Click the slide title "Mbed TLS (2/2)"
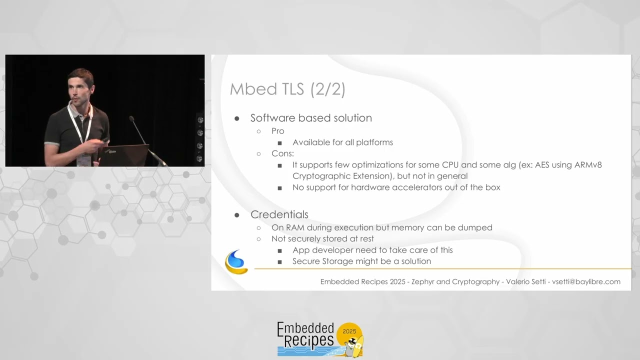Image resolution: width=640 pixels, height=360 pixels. (x=287, y=89)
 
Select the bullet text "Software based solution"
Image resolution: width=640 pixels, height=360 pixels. (x=311, y=118)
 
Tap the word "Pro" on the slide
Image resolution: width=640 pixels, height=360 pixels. (x=277, y=131)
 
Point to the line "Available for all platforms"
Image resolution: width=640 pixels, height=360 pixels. (x=342, y=142)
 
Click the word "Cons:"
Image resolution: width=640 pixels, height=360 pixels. (x=282, y=153)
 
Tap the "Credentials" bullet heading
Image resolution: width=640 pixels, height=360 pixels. (x=279, y=214)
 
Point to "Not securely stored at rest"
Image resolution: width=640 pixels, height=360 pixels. (x=322, y=239)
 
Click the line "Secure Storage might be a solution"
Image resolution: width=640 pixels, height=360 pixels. (x=361, y=261)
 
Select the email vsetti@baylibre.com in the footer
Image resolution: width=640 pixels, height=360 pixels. (x=586, y=282)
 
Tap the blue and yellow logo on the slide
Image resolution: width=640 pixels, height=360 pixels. (x=236, y=262)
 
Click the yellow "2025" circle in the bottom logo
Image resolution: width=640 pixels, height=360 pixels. (x=349, y=331)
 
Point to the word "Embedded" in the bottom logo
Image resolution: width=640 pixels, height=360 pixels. (x=305, y=328)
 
